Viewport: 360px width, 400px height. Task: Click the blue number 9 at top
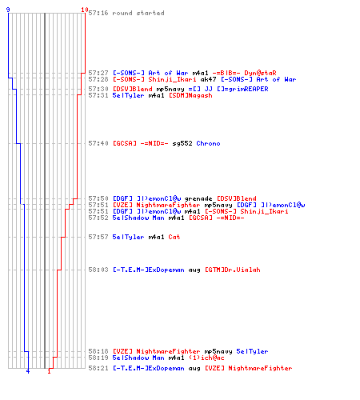coord(8,10)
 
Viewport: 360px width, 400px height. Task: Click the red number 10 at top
coord(85,10)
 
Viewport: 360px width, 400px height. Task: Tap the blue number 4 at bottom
coord(28,371)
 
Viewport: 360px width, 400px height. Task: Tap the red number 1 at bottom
coord(49,371)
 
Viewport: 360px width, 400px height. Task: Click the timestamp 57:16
coord(98,13)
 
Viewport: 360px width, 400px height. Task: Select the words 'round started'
coord(138,13)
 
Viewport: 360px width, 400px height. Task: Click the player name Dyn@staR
coord(260,73)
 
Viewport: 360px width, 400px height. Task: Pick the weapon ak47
coord(208,79)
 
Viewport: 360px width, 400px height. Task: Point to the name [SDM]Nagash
coord(190,95)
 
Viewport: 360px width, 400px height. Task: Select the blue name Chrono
coord(208,143)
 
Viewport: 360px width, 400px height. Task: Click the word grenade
coord(198,198)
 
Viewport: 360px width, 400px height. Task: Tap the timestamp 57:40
coord(98,143)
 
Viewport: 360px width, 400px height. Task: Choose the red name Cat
coord(174,237)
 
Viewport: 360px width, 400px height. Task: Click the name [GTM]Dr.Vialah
coord(233,270)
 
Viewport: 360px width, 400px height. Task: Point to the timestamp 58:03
coord(98,270)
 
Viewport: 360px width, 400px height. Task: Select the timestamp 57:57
coord(98,237)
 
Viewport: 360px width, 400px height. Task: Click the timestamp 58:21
coord(98,368)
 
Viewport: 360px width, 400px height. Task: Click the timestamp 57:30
coord(98,89)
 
